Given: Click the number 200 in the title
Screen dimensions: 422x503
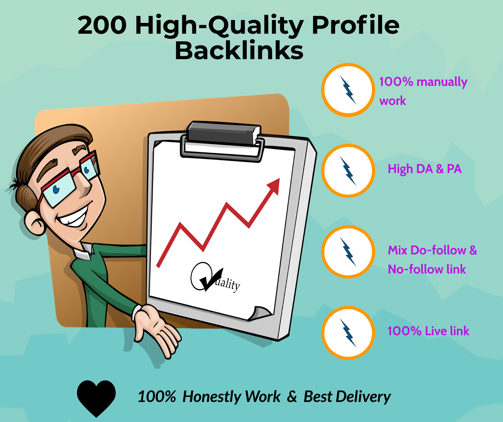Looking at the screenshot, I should [102, 25].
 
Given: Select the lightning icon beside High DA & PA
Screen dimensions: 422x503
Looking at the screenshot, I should [348, 171].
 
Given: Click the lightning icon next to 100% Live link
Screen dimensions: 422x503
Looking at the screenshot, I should [348, 333].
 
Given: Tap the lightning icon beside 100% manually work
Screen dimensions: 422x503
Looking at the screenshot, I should [348, 90].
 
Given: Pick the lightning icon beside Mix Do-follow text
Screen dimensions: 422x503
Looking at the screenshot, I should [348, 252].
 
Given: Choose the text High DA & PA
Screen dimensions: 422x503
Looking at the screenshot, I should [424, 169].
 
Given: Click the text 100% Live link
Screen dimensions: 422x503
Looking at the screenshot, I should [428, 331].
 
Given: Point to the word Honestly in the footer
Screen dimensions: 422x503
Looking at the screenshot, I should [211, 397].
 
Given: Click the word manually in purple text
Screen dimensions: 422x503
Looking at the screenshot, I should [442, 82].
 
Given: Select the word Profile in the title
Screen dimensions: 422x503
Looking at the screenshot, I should [355, 25].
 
